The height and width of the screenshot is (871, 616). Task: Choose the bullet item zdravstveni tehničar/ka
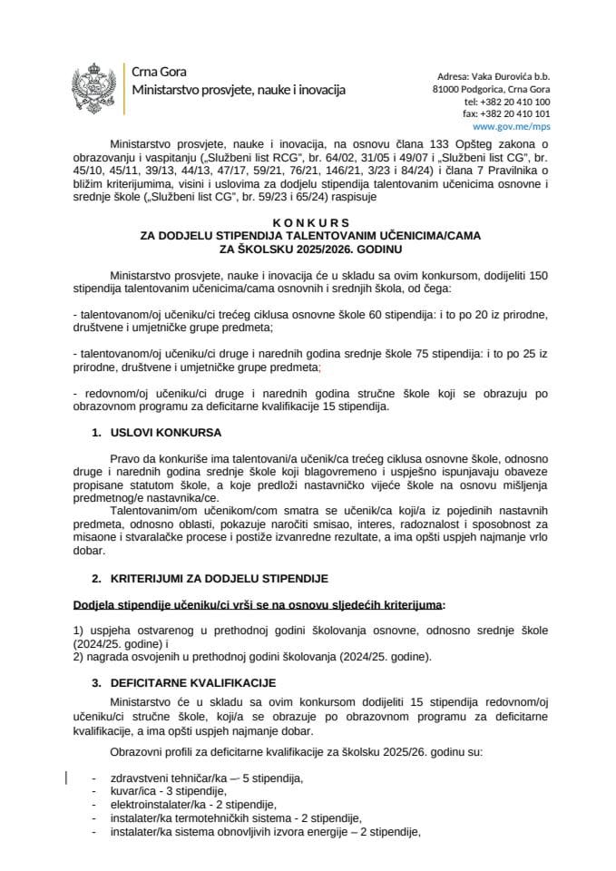(x=206, y=778)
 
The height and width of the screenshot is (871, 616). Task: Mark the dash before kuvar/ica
(x=95, y=791)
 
